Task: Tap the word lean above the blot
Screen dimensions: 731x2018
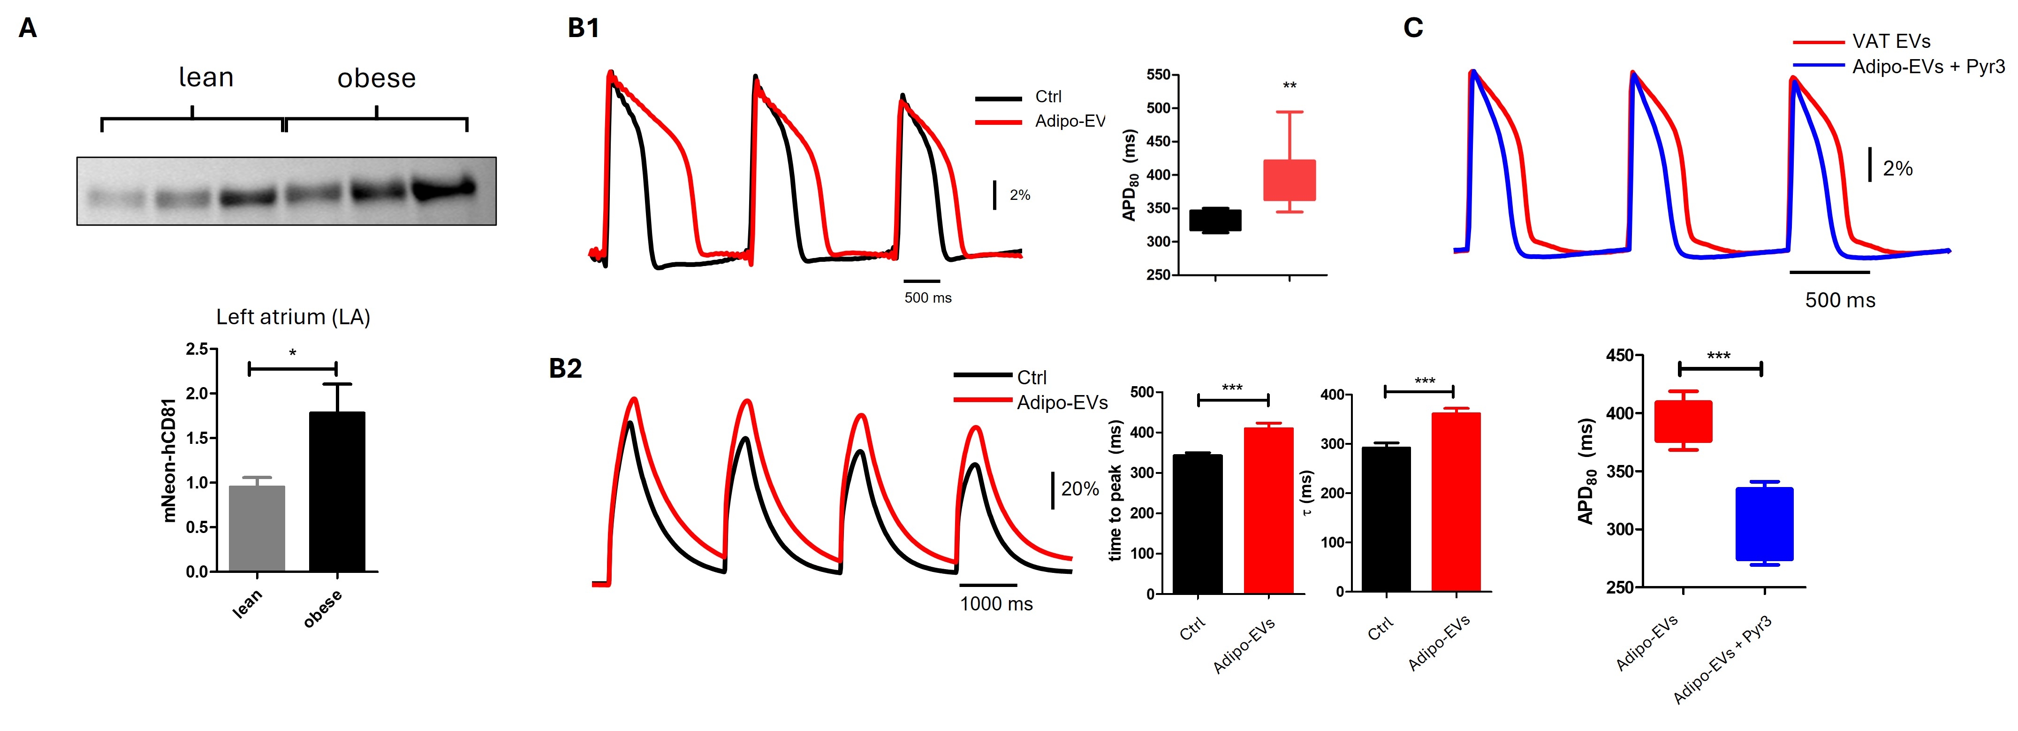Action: [x=206, y=77]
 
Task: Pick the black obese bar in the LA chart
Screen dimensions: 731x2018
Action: [x=337, y=492]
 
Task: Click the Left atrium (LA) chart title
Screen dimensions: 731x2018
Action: [x=293, y=317]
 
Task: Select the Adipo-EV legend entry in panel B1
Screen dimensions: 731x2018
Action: [x=1070, y=122]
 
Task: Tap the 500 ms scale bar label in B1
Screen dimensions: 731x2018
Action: [x=927, y=298]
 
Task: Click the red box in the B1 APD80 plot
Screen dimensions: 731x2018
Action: [x=1290, y=180]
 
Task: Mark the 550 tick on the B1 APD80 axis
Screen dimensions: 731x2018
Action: [x=1158, y=75]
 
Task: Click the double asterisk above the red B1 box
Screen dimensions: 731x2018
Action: [x=1290, y=85]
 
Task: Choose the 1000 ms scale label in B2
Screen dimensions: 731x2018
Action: [x=996, y=604]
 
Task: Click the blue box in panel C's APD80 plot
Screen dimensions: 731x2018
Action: [x=1764, y=523]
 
